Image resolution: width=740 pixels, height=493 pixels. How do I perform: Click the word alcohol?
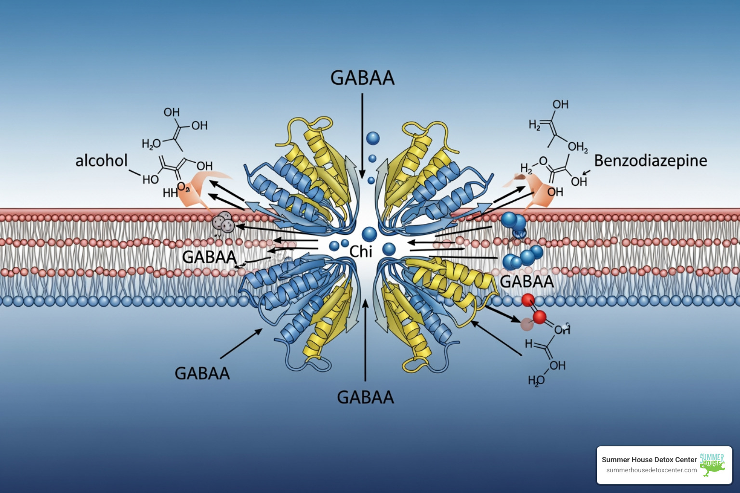102,160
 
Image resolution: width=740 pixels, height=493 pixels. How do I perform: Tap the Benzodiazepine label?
650,161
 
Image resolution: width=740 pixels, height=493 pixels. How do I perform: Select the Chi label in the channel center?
361,251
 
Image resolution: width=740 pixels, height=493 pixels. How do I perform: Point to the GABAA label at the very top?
362,78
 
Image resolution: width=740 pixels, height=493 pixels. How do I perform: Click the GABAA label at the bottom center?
365,397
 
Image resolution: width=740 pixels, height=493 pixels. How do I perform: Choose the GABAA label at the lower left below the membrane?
202,373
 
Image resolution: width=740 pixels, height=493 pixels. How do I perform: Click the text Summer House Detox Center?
649,460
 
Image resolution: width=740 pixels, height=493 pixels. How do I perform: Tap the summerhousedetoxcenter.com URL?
651,470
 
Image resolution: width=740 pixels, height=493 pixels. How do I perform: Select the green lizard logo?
712,465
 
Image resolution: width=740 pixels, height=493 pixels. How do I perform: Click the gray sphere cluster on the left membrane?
223,221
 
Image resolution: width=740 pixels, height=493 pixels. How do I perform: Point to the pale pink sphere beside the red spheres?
527,324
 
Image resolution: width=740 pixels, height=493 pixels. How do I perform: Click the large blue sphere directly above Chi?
370,234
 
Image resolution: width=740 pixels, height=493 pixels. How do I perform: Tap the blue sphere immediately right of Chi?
389,249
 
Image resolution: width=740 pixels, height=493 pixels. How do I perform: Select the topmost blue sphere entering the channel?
372,139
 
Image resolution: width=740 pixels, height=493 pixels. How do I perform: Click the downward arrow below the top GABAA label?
362,130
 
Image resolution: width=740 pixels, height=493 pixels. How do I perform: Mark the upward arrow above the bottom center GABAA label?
365,337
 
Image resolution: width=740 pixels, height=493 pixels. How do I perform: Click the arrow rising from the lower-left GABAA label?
241,344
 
